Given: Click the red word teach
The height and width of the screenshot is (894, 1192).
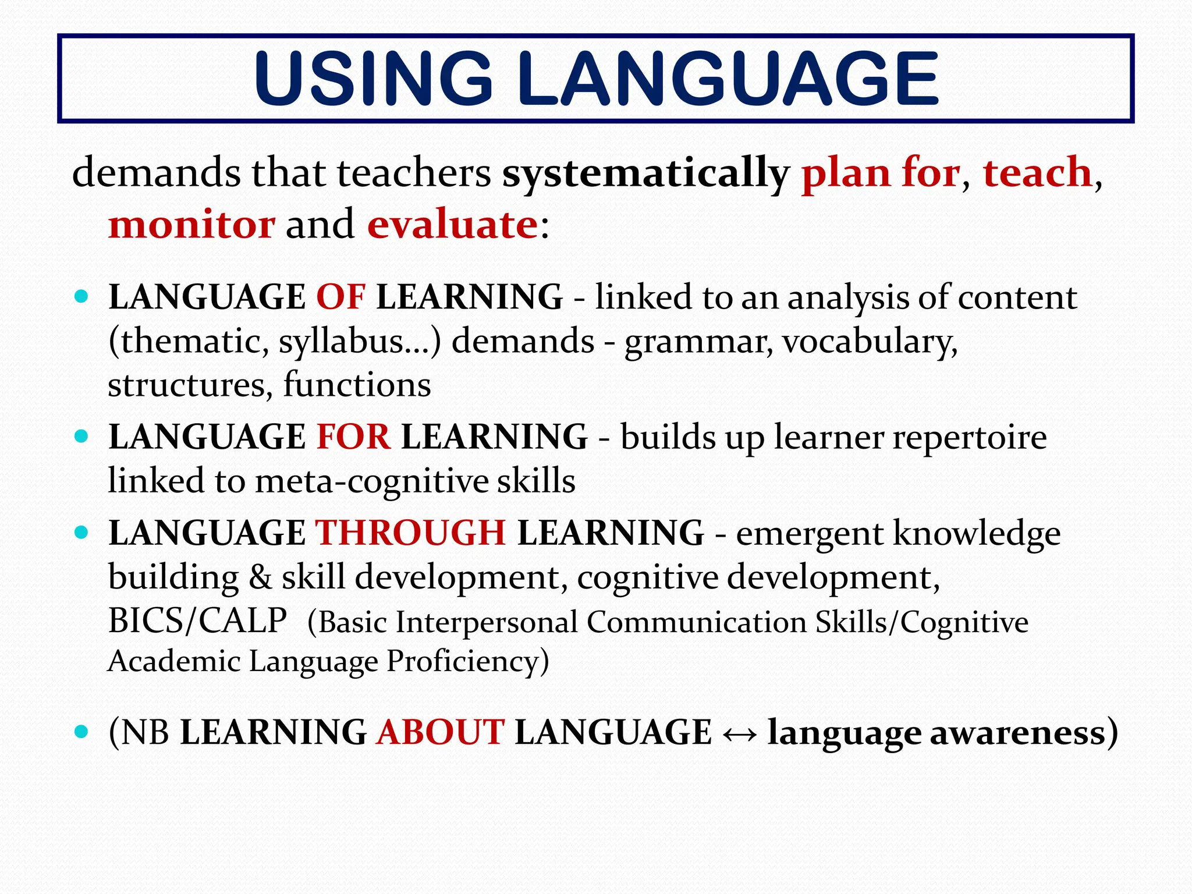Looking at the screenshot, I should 1037,173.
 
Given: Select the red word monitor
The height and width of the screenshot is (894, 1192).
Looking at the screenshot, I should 191,225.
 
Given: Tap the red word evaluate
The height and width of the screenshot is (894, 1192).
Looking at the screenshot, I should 453,225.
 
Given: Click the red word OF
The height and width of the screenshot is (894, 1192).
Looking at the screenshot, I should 341,297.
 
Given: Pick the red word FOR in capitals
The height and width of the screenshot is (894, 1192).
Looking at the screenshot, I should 353,437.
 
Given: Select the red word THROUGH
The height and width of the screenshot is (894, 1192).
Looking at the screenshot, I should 410,533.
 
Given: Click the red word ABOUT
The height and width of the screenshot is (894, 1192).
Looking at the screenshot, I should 440,732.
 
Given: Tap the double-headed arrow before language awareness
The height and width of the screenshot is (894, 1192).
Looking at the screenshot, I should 739,733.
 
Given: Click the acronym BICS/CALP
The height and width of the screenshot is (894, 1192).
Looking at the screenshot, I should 197,621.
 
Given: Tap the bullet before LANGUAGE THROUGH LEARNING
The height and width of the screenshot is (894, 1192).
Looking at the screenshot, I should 81,532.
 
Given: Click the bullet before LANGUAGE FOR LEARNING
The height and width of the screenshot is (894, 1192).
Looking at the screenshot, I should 81,436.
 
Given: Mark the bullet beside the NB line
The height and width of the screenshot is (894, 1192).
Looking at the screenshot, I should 81,731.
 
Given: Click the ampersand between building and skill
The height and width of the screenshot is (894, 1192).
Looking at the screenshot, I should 260,577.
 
